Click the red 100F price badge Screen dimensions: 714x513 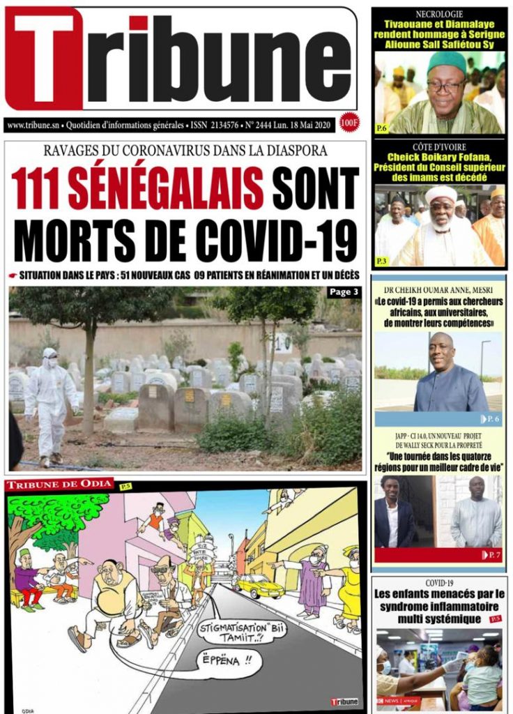(350, 123)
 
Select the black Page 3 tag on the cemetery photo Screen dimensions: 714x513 (344, 292)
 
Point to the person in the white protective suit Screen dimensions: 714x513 (49, 404)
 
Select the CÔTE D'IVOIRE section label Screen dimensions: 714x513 (439, 147)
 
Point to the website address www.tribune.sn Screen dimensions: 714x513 (32, 125)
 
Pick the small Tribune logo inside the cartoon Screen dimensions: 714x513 (344, 701)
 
